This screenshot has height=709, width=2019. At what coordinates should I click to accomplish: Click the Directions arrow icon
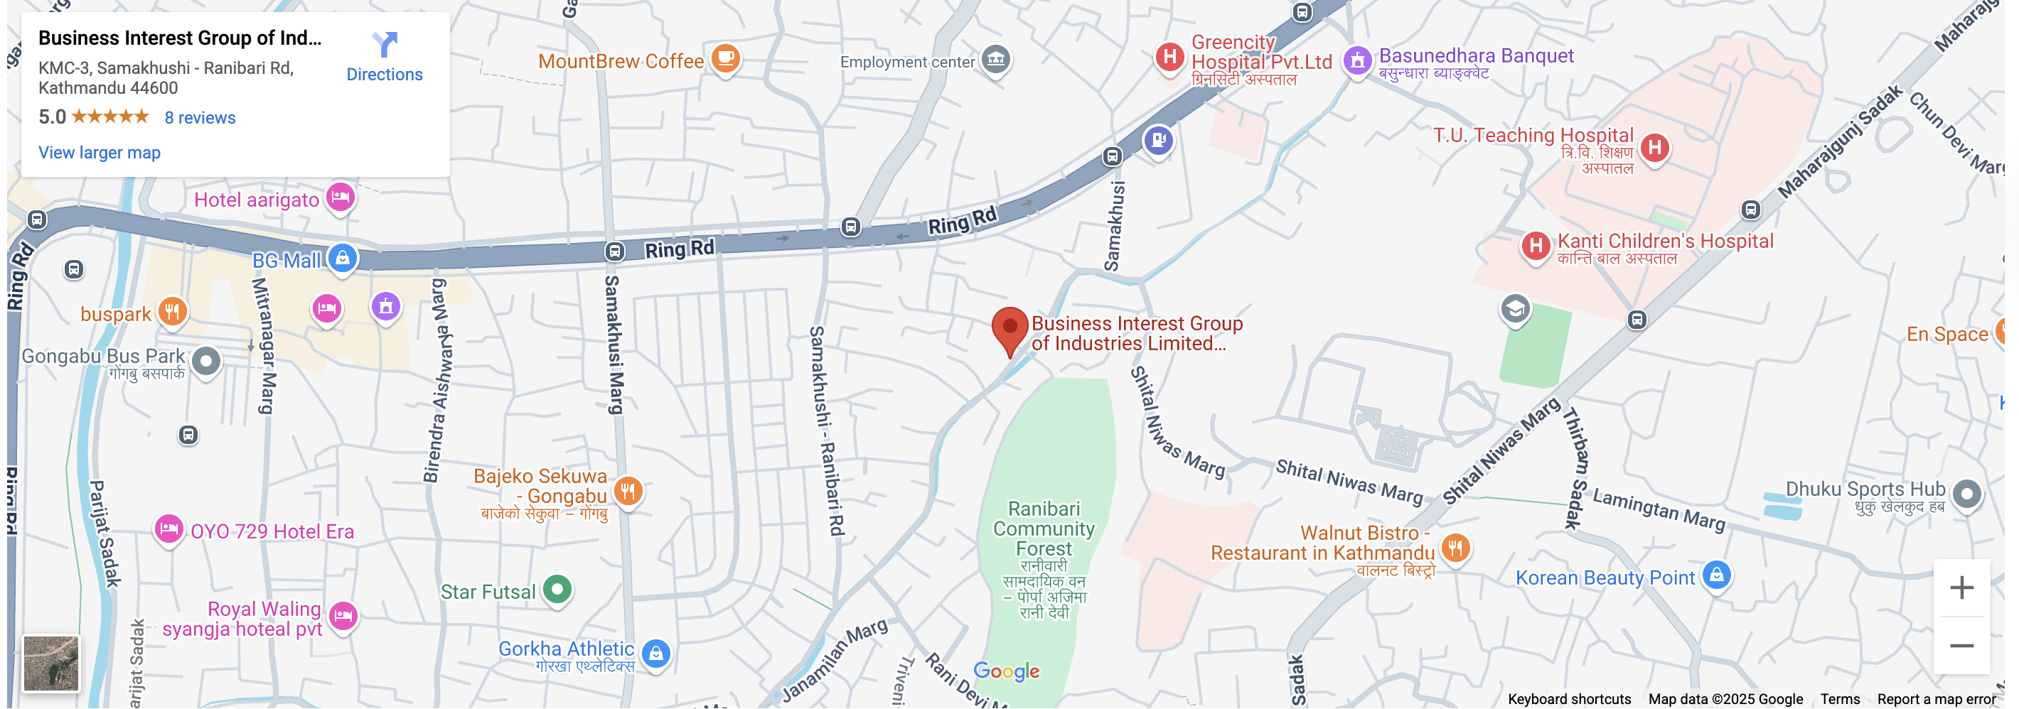(384, 45)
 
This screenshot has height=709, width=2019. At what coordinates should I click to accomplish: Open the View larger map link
(100, 153)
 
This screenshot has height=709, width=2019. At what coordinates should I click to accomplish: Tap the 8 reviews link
(200, 117)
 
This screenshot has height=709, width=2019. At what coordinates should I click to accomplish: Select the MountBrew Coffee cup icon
(726, 58)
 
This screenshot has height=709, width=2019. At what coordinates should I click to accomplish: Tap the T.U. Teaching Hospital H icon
(1654, 146)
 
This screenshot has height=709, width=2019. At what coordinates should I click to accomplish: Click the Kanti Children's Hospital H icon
(1536, 246)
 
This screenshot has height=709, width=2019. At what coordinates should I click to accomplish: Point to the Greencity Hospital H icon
(1169, 56)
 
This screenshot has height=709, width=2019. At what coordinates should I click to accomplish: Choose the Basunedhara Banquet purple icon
(1358, 60)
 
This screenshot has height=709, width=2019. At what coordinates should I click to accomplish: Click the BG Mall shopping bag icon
(343, 258)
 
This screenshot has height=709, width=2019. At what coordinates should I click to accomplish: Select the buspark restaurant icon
(173, 311)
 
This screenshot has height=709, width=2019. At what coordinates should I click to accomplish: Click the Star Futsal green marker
(557, 588)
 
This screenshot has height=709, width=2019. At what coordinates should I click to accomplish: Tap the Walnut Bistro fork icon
(1455, 548)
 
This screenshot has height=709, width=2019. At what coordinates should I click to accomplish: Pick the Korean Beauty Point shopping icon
(1716, 575)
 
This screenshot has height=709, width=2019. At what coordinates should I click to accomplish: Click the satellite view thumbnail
(51, 663)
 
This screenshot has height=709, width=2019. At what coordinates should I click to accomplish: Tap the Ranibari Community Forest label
(1044, 529)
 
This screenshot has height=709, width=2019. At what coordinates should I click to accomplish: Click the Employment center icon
(996, 59)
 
